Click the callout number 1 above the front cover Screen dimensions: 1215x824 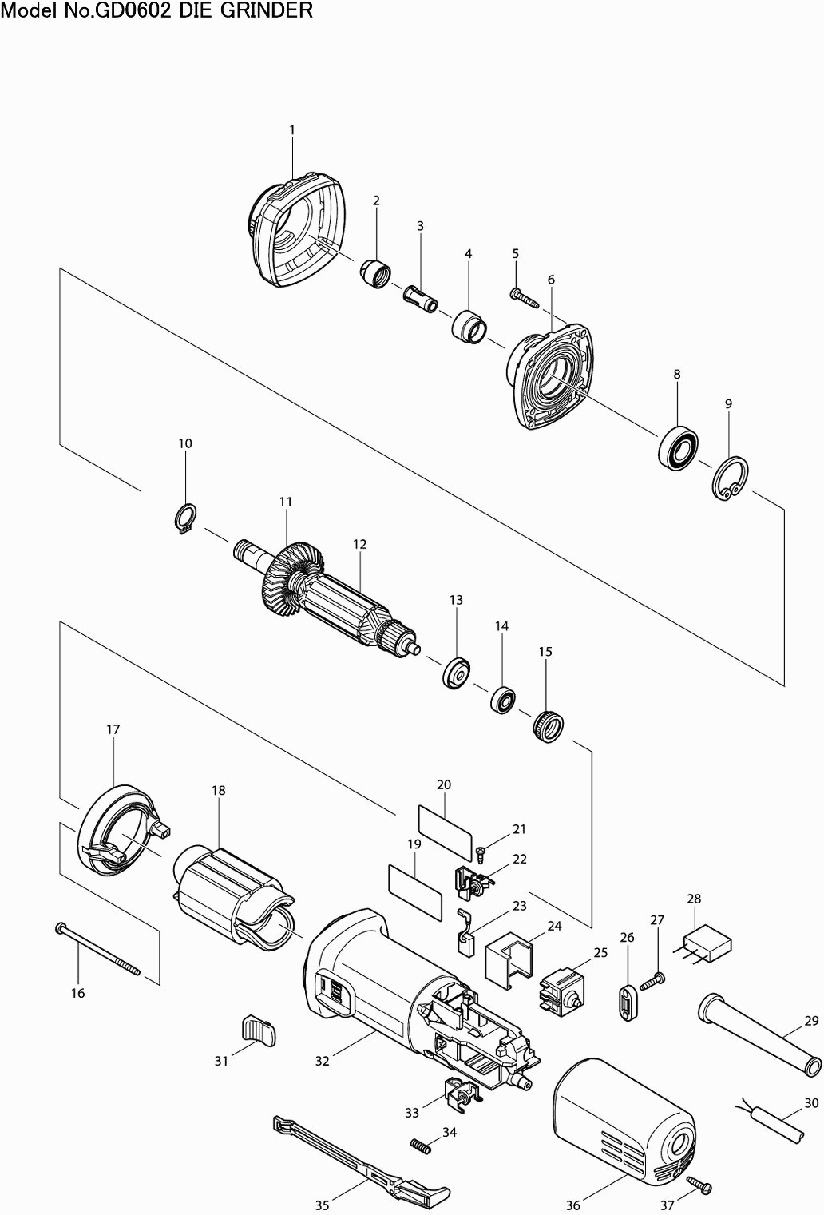[x=292, y=129]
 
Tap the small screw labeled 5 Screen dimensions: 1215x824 [x=524, y=299]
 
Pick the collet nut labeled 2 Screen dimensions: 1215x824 [x=374, y=273]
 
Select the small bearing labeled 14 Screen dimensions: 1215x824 [x=501, y=699]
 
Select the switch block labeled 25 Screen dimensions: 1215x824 [x=564, y=990]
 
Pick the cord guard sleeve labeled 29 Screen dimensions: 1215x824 [x=759, y=1030]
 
